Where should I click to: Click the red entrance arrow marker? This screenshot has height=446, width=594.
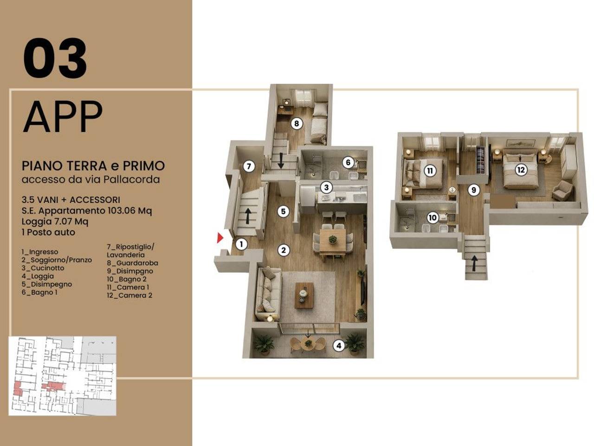pyautogui.click(x=220, y=237)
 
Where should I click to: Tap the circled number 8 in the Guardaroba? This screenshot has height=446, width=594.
pyautogui.click(x=297, y=124)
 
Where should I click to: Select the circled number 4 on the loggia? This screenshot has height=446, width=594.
pyautogui.click(x=339, y=345)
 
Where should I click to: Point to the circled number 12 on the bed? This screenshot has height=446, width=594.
pyautogui.click(x=521, y=170)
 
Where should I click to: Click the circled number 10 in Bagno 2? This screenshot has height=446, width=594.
pyautogui.click(x=433, y=218)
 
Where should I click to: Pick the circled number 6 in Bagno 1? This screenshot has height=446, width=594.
pyautogui.click(x=348, y=163)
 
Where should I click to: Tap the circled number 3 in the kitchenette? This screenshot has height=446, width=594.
pyautogui.click(x=326, y=187)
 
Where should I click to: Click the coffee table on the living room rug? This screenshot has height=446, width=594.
pyautogui.click(x=304, y=295)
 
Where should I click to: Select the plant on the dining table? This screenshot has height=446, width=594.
pyautogui.click(x=333, y=239)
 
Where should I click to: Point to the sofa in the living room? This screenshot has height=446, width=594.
pyautogui.click(x=268, y=295)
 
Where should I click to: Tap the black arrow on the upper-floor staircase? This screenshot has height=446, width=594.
pyautogui.click(x=474, y=263)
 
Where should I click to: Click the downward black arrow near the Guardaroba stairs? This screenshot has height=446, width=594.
pyautogui.click(x=281, y=161)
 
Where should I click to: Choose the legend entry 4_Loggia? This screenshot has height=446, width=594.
pyautogui.click(x=38, y=276)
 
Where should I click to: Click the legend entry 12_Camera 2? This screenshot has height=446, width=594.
pyautogui.click(x=129, y=295)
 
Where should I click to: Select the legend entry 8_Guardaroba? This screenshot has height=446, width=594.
pyautogui.click(x=133, y=263)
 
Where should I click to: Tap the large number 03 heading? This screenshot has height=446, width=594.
pyautogui.click(x=55, y=58)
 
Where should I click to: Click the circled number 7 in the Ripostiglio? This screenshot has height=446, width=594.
pyautogui.click(x=249, y=166)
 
